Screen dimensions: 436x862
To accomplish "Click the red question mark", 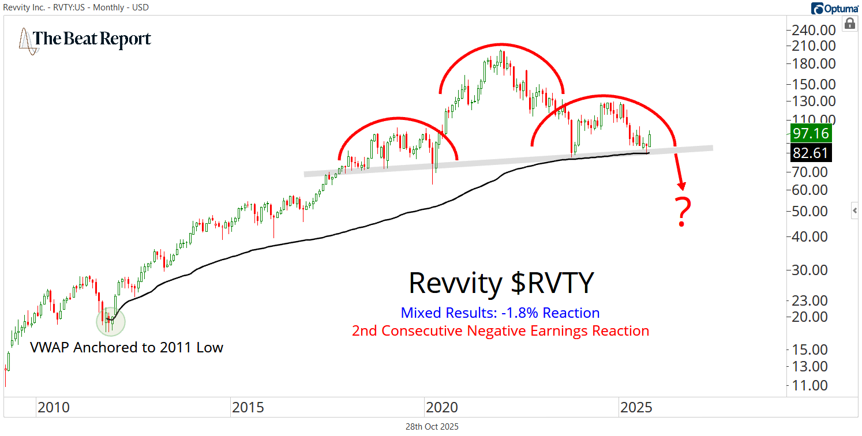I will pos(683,212).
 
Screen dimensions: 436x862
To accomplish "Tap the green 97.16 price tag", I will pos(811,134).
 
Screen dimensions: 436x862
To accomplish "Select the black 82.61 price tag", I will pos(811,153).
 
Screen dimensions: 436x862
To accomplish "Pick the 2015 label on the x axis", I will pos(248,408).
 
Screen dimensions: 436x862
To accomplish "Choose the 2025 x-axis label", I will pos(636,408).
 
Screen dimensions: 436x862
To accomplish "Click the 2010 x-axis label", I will pos(53,408).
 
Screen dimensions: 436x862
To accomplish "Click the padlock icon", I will pos(849,24).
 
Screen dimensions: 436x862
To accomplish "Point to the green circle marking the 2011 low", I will pos(110,320).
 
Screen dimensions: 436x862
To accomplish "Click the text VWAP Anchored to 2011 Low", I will pos(126,347).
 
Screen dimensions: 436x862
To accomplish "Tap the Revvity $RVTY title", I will pos(501,283).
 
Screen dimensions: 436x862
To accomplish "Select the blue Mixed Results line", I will pos(500,313).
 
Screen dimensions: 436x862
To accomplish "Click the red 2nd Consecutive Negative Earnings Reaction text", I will pos(500,331).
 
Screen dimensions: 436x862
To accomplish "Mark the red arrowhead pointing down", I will pos(683,185).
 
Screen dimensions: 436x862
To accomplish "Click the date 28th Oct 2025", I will pos(432,427).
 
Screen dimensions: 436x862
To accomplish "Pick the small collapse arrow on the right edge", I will pos(855,211).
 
